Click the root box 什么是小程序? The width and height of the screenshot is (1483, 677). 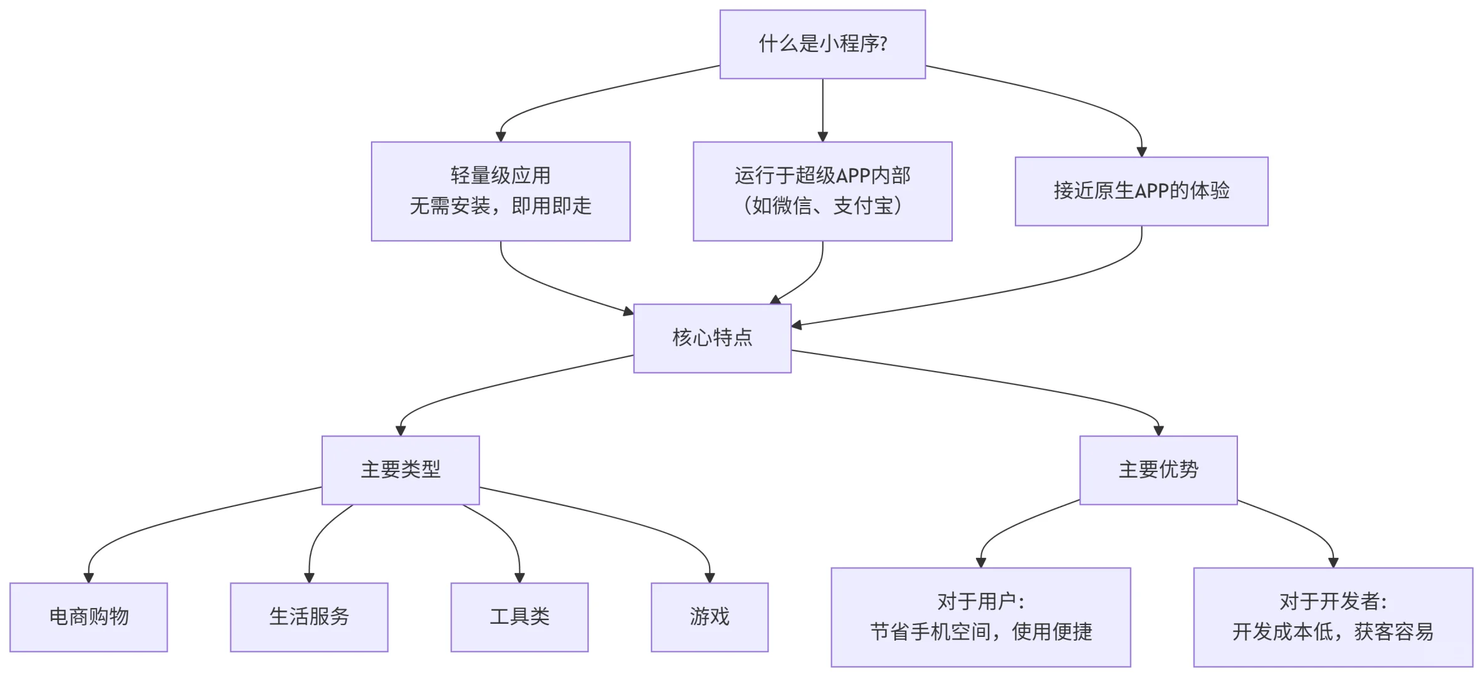pos(822,44)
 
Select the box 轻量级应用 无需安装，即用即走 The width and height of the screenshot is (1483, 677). pos(500,191)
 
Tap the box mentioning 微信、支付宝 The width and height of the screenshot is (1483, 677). pos(822,191)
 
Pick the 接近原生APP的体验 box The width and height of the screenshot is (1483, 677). pos(1141,191)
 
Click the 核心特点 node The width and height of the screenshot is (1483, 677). pos(712,338)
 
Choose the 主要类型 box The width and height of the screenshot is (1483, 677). pos(400,470)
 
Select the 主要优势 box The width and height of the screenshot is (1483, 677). pos(1158,470)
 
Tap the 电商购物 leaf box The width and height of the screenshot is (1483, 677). pos(88,617)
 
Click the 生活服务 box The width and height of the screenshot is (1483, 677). pos(308,617)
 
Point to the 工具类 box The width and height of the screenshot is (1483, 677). pos(519,617)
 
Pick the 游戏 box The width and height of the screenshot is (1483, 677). pos(709,617)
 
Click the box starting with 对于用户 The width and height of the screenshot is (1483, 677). pos(980,617)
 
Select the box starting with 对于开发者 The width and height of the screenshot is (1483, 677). pos(1333,617)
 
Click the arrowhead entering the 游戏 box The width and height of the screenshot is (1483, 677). pos(709,577)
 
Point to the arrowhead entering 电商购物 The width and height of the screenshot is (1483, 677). pos(88,577)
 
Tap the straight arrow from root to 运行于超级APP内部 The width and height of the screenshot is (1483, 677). pos(822,107)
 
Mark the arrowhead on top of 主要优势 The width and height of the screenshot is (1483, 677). pos(1158,431)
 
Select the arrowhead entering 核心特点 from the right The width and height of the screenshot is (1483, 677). pos(797,325)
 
